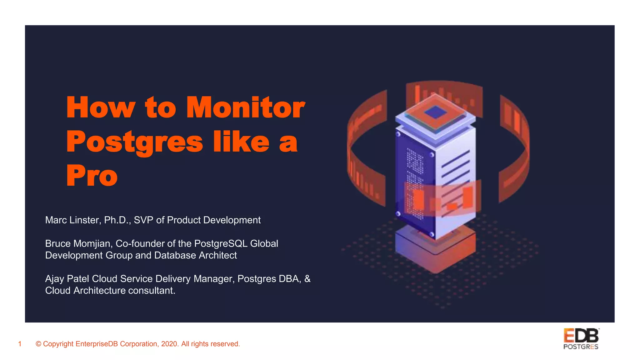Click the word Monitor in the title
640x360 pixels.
tap(245, 107)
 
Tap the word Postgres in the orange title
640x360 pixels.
tap(135, 142)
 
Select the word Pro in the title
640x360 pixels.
tap(92, 176)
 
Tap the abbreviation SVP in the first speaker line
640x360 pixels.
tap(143, 220)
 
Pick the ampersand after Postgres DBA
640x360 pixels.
tap(307, 279)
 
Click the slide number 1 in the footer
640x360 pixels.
tap(20, 344)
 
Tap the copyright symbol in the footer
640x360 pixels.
tap(38, 344)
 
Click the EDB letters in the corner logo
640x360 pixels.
tap(581, 336)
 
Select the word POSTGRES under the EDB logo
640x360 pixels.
tap(581, 347)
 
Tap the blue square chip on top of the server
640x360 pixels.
tap(435, 112)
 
